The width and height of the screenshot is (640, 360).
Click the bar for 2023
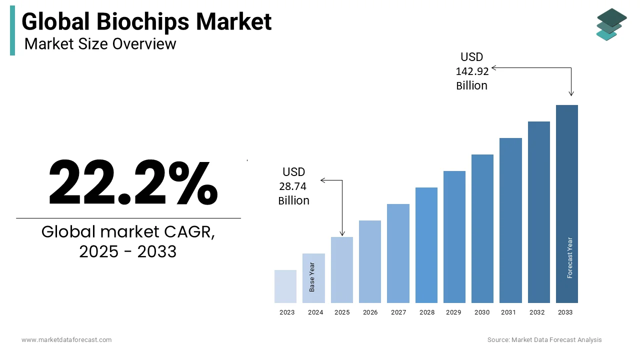[x=285, y=286]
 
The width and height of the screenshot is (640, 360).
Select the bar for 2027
[x=398, y=253]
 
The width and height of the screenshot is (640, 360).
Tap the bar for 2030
[x=482, y=228]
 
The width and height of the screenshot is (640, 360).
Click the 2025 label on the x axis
[x=342, y=312]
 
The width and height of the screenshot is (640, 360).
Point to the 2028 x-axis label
[x=426, y=312]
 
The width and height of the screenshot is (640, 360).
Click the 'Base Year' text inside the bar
[x=312, y=277]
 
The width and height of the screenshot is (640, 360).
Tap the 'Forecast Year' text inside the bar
[x=569, y=257]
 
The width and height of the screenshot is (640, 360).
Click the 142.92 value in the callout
[x=472, y=71]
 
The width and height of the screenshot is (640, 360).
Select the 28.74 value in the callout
[x=293, y=186]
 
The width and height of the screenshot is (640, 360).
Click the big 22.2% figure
[x=132, y=183]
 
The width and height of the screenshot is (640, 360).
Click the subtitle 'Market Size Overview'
[x=100, y=44]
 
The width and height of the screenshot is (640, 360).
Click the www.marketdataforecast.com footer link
[x=66, y=340]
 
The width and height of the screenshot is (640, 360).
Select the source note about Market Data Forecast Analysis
[x=544, y=340]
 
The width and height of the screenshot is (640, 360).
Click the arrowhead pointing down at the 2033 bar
[x=571, y=93]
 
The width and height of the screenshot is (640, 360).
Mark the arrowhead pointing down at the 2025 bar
[x=342, y=233]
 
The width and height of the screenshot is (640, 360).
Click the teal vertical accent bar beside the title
[x=12, y=30]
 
